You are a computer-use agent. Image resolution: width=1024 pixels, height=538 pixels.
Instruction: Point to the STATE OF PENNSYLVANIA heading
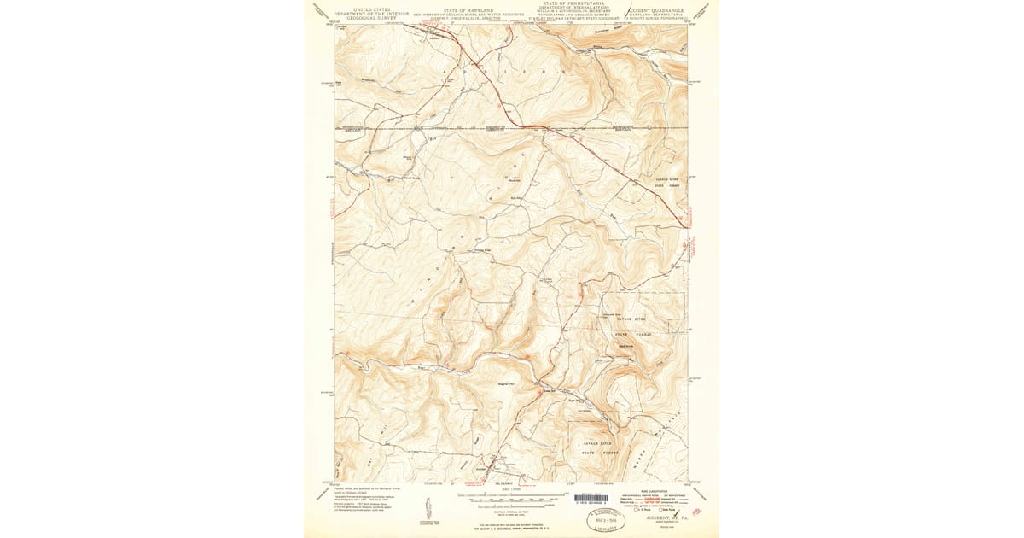(x=572, y=4)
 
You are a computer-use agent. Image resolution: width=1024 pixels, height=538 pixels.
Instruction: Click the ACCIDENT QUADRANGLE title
(x=658, y=9)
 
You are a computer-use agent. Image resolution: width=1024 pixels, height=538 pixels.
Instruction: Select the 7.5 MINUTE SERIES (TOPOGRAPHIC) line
(x=658, y=18)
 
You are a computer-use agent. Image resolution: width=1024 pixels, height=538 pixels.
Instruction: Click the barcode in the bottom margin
(x=591, y=498)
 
